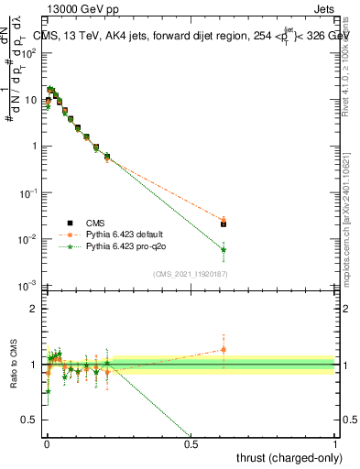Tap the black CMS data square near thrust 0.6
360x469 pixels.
pos(224,224)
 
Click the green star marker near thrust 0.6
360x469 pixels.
pos(224,249)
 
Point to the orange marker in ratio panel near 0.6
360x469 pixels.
pos(224,349)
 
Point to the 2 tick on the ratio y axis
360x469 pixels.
pos(34,309)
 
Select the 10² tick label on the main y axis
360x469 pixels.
pos(29,52)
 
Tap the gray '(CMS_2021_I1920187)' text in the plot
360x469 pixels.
pos(190,273)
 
